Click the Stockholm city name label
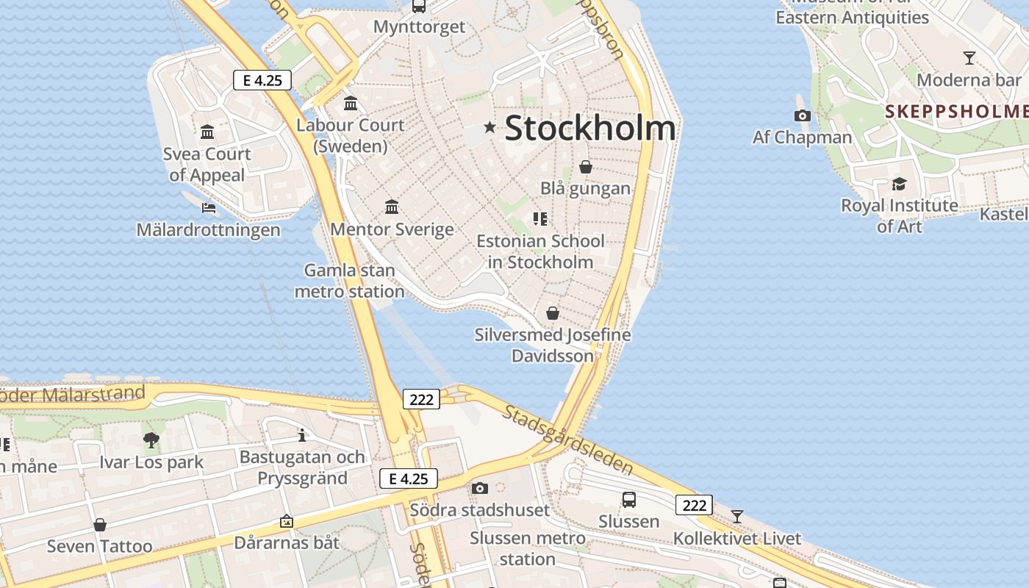click(589, 128)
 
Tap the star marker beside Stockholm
click(490, 128)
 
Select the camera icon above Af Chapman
click(803, 115)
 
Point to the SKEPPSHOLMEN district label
click(955, 111)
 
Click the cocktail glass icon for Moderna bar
click(969, 57)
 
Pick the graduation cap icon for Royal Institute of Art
click(899, 184)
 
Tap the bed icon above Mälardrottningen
click(209, 208)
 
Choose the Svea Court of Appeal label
click(207, 164)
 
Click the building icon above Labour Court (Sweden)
click(351, 103)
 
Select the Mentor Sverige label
click(392, 229)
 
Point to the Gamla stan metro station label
click(349, 281)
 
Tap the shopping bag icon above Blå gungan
click(586, 167)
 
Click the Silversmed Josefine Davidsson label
click(553, 345)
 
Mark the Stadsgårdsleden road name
click(568, 439)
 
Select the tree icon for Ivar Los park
click(151, 440)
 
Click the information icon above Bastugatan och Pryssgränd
click(302, 435)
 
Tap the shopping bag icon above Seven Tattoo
click(100, 525)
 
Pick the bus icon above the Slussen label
click(628, 500)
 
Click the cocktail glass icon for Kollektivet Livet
click(737, 516)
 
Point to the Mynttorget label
click(419, 27)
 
